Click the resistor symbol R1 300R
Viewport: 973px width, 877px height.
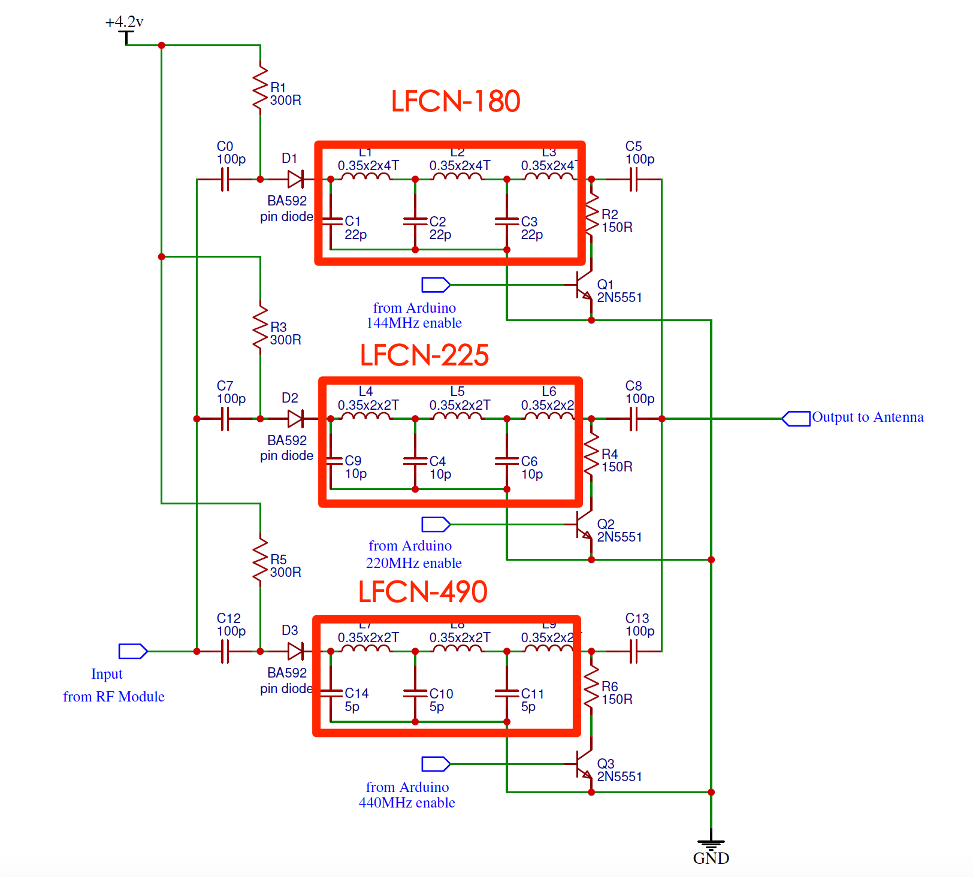(x=260, y=89)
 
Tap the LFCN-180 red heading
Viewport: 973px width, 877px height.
(x=455, y=101)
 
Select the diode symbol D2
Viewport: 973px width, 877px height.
(x=295, y=419)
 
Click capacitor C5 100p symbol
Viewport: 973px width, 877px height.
(x=633, y=179)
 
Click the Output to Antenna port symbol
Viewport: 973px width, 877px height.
(x=796, y=419)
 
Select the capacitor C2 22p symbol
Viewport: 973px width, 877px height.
(x=415, y=221)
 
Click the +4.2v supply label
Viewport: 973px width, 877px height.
(x=125, y=22)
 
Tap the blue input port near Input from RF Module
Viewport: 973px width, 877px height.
(x=132, y=651)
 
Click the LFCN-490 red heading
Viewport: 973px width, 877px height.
(x=423, y=592)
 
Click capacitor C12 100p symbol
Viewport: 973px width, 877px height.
(x=225, y=651)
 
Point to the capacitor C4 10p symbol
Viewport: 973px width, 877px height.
(x=415, y=461)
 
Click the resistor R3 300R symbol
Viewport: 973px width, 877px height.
(x=260, y=328)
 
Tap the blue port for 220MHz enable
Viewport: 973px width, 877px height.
(x=436, y=524)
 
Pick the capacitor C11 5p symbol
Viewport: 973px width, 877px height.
(x=507, y=693)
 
